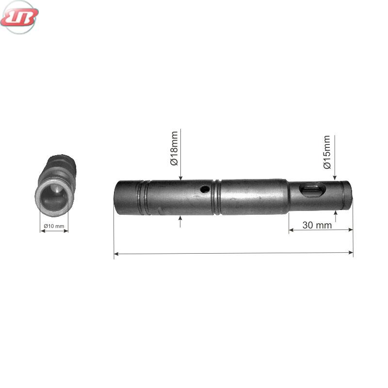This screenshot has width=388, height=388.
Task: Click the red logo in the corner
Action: [19, 17]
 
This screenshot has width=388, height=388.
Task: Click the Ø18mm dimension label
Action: [174, 148]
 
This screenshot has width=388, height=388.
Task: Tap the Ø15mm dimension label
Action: [327, 152]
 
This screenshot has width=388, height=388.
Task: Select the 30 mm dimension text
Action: [317, 225]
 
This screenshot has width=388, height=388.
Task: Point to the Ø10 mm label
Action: [54, 226]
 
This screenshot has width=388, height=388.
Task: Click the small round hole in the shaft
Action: [205, 189]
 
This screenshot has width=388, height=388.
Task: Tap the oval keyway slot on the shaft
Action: [312, 190]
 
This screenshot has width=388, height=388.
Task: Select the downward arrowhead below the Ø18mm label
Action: [180, 178]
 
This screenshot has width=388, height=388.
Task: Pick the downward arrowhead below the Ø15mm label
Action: [335, 177]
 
